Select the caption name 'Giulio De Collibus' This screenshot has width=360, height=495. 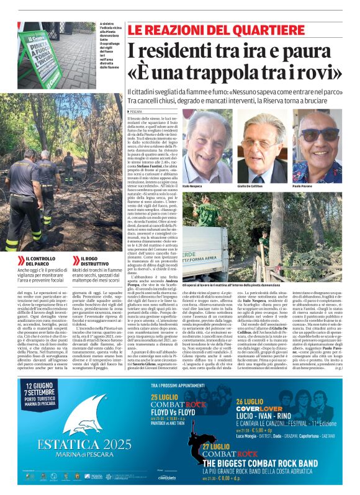coord(251,186)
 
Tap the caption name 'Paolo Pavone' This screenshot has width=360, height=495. coord(302,186)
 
